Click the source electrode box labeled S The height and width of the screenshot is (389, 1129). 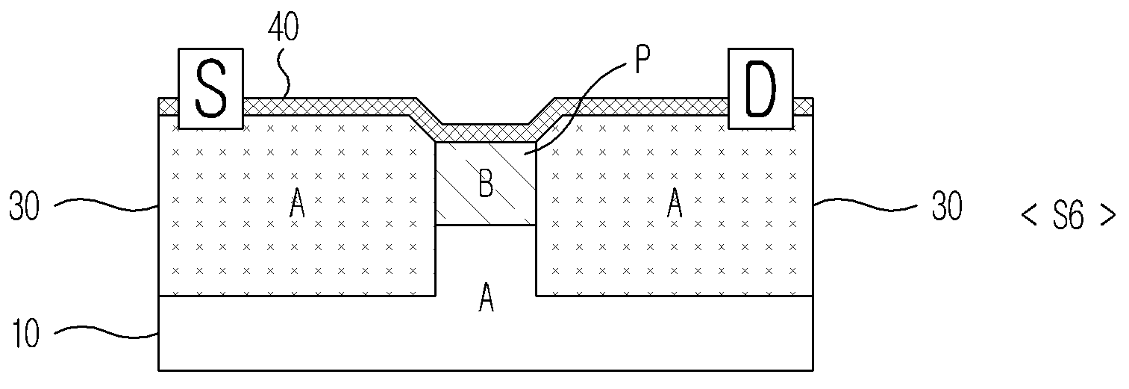click(210, 88)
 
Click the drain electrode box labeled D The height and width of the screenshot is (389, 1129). click(760, 88)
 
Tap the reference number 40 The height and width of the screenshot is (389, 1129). click(284, 27)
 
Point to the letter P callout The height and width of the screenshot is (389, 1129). click(642, 60)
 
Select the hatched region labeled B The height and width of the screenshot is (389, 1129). click(485, 183)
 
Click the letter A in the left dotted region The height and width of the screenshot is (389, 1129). click(298, 204)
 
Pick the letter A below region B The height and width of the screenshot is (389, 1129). click(486, 297)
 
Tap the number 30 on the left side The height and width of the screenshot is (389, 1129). click(24, 206)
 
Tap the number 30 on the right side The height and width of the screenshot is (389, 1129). click(947, 206)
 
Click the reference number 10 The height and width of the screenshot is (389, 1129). click(25, 333)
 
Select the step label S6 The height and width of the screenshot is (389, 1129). click(1068, 216)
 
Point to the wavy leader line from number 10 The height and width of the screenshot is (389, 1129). click(106, 333)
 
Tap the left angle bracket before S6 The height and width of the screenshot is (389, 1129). click(1028, 216)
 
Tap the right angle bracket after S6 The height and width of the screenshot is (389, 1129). click(1108, 216)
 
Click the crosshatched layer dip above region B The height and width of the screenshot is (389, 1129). click(485, 132)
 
